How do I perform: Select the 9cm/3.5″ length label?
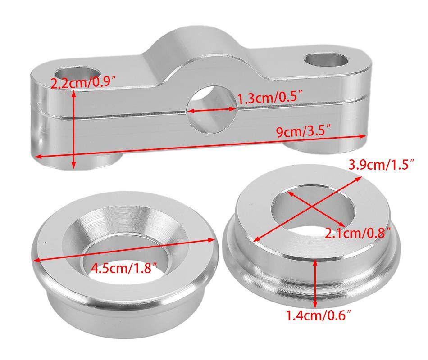(x=304, y=132)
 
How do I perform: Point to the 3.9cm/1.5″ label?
(x=382, y=165)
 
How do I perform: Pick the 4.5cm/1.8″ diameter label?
(x=124, y=268)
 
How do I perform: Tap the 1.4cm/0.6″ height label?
(x=318, y=316)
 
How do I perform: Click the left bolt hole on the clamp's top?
(x=77, y=74)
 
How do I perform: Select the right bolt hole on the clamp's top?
(x=327, y=60)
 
